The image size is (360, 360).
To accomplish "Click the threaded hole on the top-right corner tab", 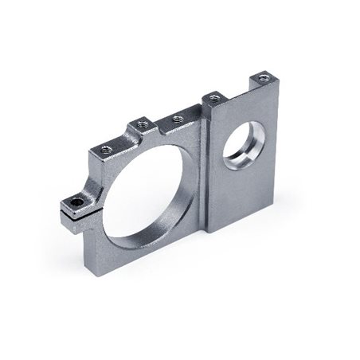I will pos(263,77).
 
